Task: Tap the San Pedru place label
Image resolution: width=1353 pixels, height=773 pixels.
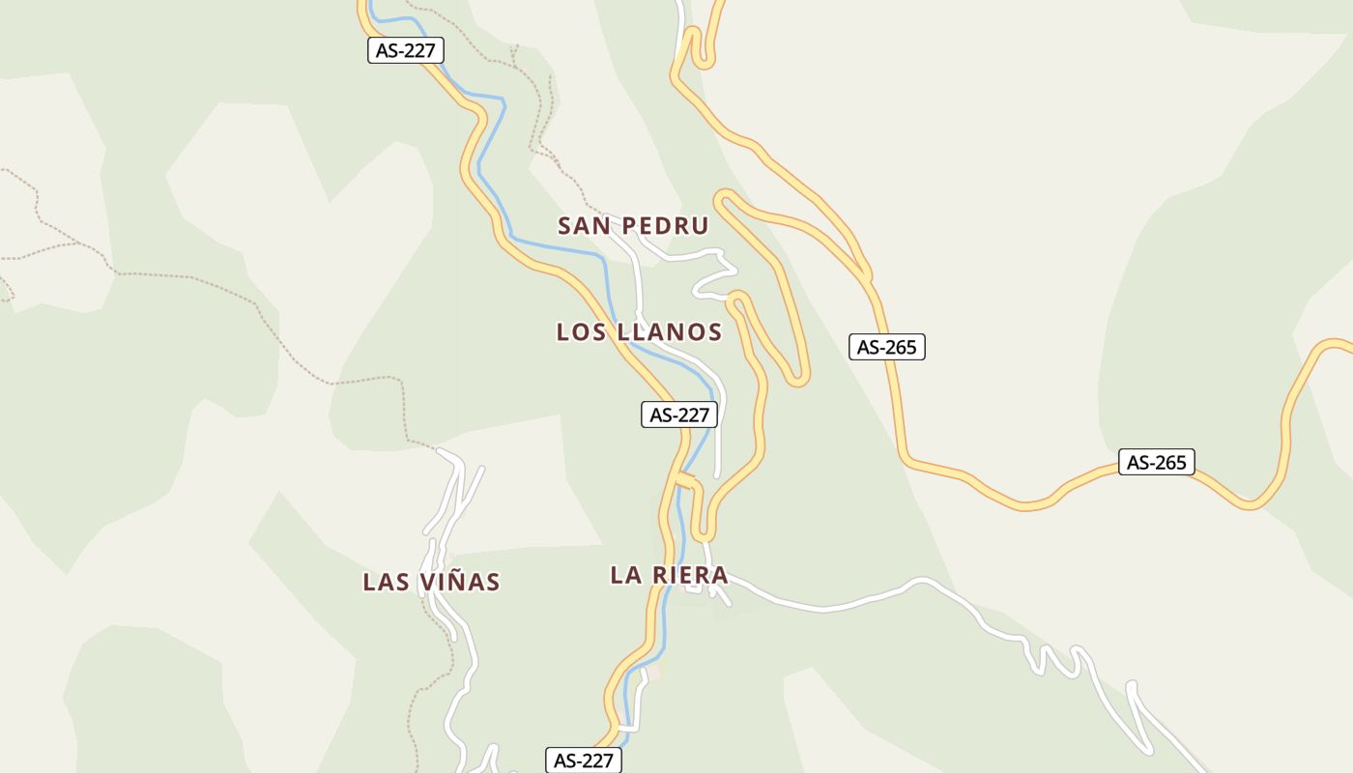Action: (x=633, y=226)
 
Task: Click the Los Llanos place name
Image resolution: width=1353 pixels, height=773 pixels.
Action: (x=639, y=332)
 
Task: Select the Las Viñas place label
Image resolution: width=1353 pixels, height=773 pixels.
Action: (x=431, y=582)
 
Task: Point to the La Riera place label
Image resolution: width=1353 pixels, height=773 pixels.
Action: (x=669, y=575)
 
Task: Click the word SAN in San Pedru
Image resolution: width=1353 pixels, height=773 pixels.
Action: (x=583, y=226)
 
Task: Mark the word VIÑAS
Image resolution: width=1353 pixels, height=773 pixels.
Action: (x=460, y=582)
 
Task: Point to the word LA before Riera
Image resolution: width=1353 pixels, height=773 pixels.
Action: (x=625, y=575)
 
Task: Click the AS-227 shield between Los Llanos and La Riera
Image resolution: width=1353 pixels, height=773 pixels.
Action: (x=680, y=415)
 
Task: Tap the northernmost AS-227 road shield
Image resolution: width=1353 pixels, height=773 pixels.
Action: (x=405, y=50)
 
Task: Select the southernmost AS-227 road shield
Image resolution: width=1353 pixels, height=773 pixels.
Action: (x=584, y=760)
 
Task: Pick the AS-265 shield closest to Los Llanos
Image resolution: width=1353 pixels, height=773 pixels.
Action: (x=887, y=347)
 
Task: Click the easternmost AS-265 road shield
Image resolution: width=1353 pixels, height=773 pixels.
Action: (x=1157, y=462)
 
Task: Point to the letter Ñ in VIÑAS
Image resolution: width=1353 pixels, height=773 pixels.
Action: (x=460, y=582)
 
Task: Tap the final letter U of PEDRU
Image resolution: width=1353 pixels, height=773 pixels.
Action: (x=700, y=226)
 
